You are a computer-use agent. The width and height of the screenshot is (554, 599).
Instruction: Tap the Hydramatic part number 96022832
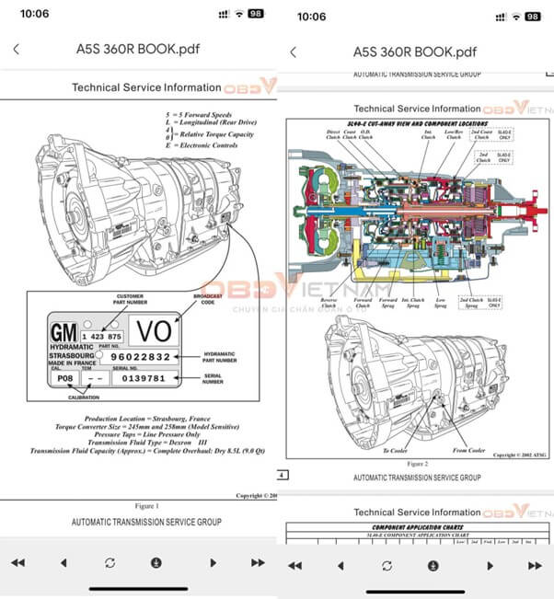(140, 356)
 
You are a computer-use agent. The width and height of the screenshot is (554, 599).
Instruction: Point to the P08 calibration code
(64, 378)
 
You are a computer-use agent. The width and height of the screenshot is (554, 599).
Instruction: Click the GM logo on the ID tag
(63, 332)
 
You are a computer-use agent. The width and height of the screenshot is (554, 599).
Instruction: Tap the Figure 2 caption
(417, 464)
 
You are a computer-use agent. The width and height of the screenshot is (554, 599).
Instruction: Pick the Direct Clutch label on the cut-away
(333, 134)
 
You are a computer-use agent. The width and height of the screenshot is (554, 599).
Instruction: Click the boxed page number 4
(283, 476)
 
